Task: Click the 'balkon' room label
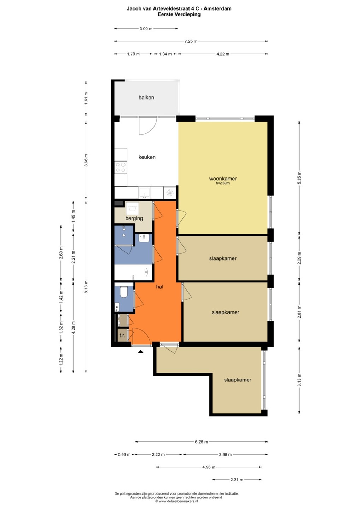pos(146,98)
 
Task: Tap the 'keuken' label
pos(147,157)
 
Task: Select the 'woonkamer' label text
pos(223,179)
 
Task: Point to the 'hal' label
pos(159,287)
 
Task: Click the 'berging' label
pos(134,218)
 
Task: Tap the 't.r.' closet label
pos(122,335)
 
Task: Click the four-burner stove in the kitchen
pos(121,167)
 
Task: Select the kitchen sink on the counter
pos(144,193)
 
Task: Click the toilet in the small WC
pos(124,292)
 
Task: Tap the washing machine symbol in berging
pos(132,207)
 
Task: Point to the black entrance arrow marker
pos(141,352)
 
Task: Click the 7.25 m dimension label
pos(191,41)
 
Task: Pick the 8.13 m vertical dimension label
pos(86,287)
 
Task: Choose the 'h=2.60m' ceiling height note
pos(223,183)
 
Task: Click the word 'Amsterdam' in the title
pos(217,9)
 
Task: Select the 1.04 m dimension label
pos(165,54)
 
